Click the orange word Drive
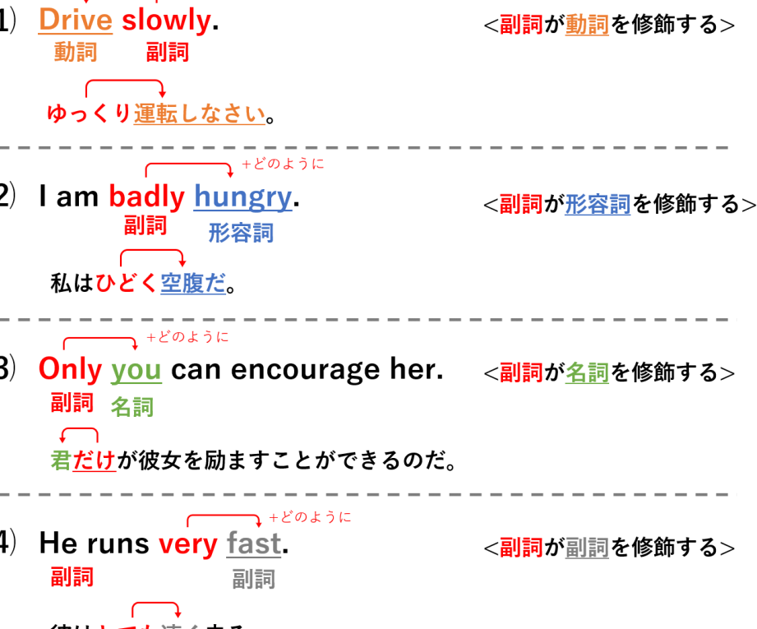pos(76,20)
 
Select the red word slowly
pos(166,20)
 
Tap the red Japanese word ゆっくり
pos(88,113)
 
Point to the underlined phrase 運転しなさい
pos(199,113)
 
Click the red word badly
pos(146,197)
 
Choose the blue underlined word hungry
pos(242,197)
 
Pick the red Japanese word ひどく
pos(126,283)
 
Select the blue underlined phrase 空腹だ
pos(193,283)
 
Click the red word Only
pos(70,369)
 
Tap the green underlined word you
pos(136,370)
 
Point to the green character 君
pos(60,460)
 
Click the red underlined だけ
pos(95,460)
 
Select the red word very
pos(188,543)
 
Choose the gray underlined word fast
pos(254,543)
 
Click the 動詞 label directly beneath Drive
pos(76,52)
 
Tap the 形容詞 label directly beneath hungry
pos(241,233)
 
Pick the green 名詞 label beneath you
pos(132,406)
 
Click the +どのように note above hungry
pos(283,164)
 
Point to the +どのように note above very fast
pos(310,517)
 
